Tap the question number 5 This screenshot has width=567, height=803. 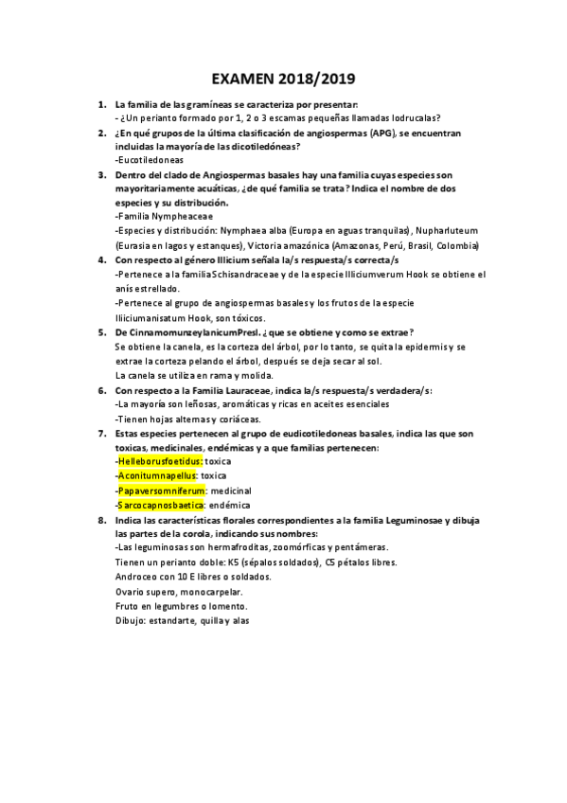(101, 331)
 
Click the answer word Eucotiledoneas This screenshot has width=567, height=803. (149, 160)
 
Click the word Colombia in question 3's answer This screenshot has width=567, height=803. (457, 245)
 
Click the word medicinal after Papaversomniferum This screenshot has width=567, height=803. (231, 491)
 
